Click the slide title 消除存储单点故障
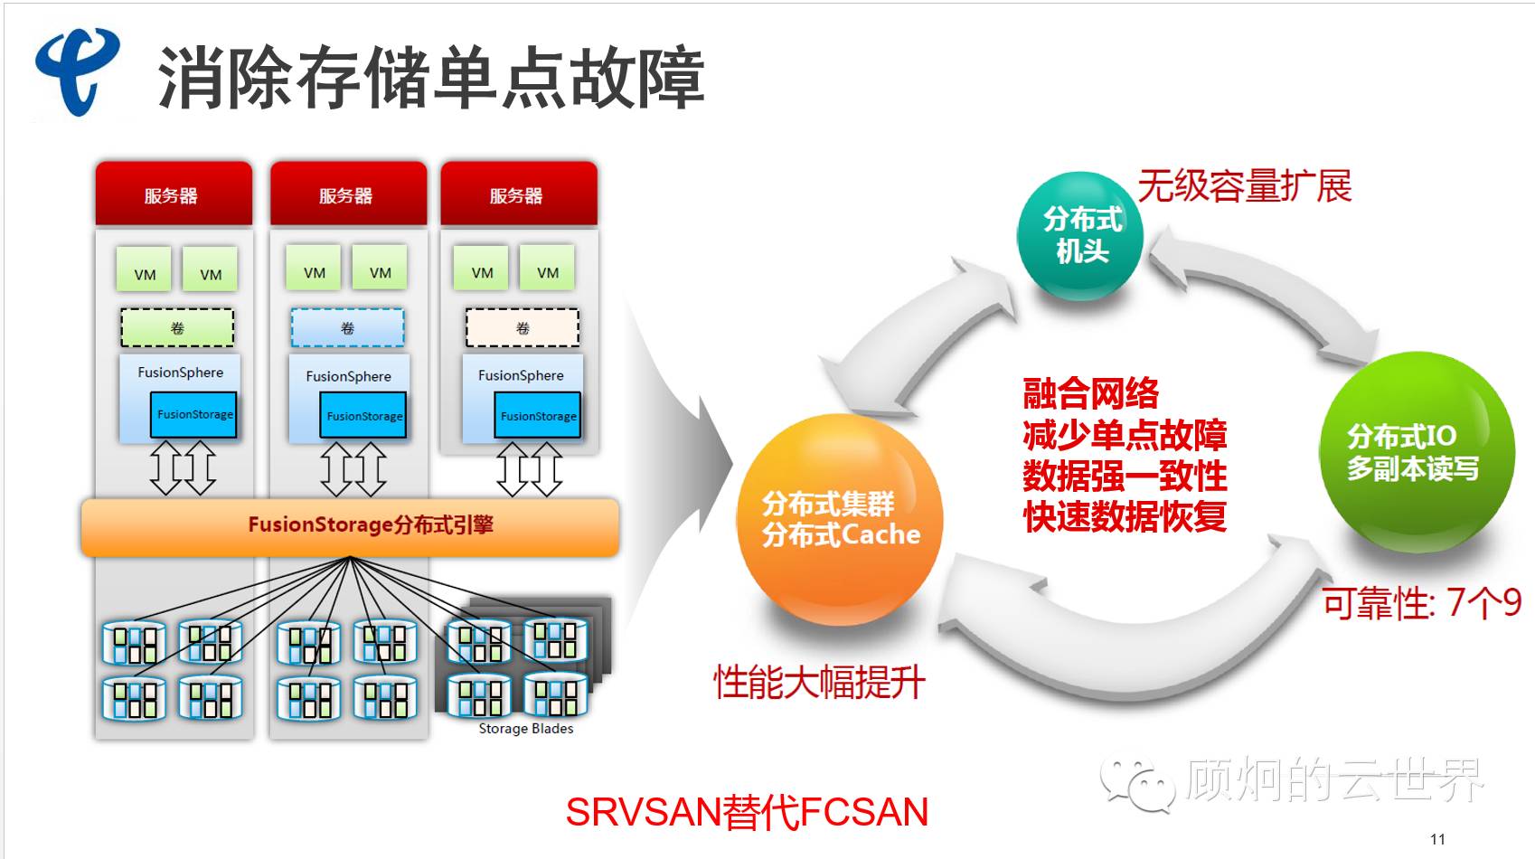(x=430, y=78)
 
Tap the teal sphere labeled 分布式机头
(x=1080, y=235)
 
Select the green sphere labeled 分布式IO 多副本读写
(x=1416, y=452)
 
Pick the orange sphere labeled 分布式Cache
(x=841, y=520)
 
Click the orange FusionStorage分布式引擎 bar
(x=351, y=525)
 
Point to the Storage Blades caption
(x=525, y=729)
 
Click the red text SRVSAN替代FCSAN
(x=747, y=812)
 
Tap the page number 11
(x=1437, y=839)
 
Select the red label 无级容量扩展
(x=1244, y=186)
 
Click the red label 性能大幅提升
(x=819, y=682)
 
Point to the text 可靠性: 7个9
(x=1421, y=602)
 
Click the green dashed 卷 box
(x=177, y=328)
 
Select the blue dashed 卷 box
(x=347, y=328)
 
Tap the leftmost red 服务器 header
(x=173, y=195)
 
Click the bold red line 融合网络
(x=1090, y=393)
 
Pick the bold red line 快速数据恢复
(x=1125, y=516)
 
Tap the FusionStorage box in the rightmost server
(x=538, y=416)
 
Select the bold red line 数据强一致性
(x=1125, y=476)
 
